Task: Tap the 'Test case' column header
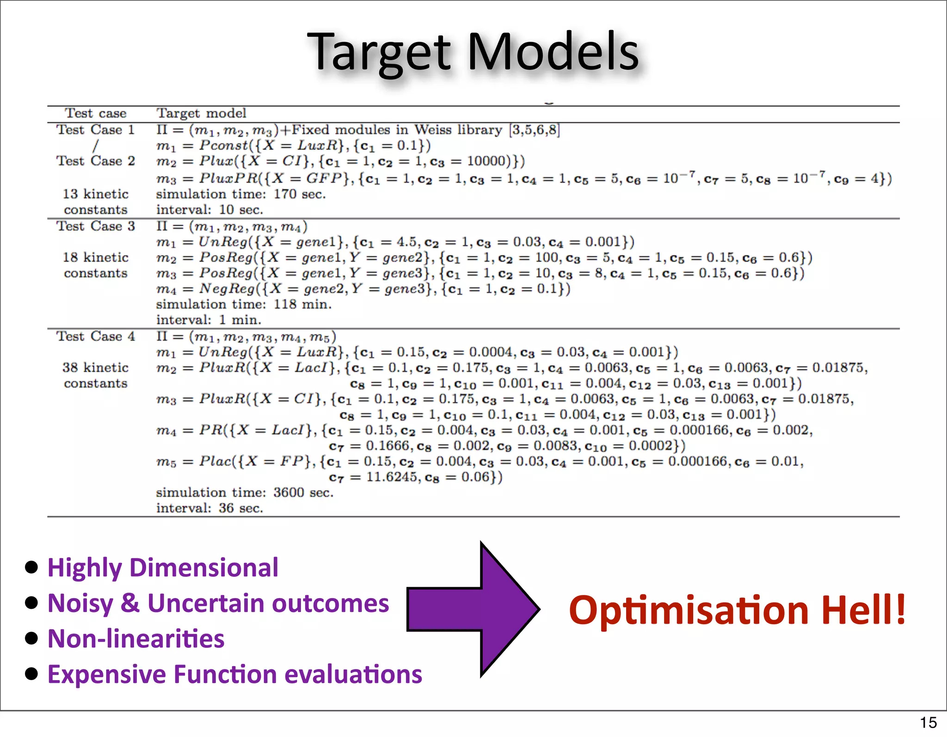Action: click(95, 113)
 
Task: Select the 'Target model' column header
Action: click(201, 113)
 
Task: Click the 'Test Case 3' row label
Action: click(95, 226)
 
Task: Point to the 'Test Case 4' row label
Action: click(95, 336)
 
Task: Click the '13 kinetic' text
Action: click(95, 194)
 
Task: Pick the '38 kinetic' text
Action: click(95, 368)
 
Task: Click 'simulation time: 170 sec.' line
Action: click(240, 194)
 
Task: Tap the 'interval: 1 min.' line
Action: click(209, 320)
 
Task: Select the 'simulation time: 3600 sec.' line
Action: click(245, 492)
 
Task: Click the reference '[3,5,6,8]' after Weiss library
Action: click(534, 130)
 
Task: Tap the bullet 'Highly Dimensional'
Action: click(163, 568)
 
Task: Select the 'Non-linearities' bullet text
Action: click(136, 639)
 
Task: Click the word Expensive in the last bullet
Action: click(107, 675)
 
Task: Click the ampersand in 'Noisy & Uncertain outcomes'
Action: click(130, 604)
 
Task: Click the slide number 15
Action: click(928, 722)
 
